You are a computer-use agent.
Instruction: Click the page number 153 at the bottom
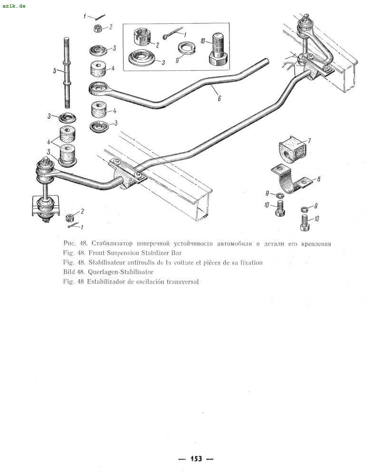pos(196,459)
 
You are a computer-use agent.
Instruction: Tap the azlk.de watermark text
pos(14,6)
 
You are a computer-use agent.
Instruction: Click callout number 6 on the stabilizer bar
pos(220,98)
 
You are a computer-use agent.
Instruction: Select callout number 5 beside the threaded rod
pos(55,71)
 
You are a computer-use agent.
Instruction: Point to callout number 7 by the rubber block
pos(309,141)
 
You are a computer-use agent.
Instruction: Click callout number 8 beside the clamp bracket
pos(318,179)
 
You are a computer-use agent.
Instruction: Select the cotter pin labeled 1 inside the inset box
pos(172,33)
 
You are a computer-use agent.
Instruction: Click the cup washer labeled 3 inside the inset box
pos(143,57)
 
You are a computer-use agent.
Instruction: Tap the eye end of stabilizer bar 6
pos(99,89)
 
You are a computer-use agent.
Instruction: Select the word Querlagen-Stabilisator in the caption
pos(121,272)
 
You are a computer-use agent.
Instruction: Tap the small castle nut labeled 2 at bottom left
pos(70,218)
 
